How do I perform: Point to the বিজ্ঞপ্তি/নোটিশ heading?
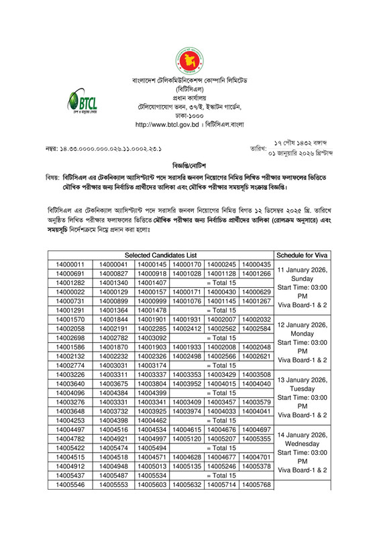pyautogui.click(x=189, y=164)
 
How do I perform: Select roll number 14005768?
pyautogui.click(x=256, y=502)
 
